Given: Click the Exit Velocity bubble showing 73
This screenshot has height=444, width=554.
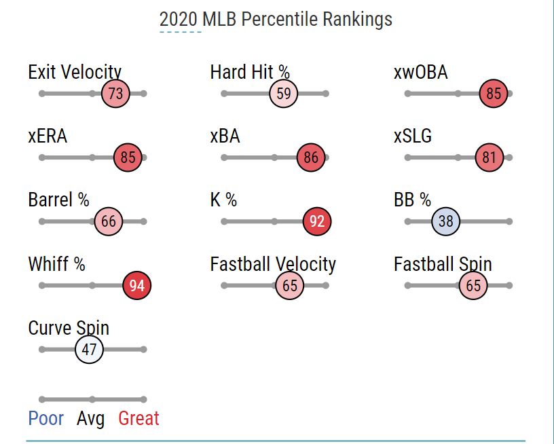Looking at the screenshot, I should click(115, 94).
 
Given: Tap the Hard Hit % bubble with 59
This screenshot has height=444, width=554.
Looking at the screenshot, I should click(284, 94).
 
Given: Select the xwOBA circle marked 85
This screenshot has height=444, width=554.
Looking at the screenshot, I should click(494, 94).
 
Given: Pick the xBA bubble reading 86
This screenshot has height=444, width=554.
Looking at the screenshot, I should click(311, 158).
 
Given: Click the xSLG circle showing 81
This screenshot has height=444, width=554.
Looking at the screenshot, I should click(489, 158).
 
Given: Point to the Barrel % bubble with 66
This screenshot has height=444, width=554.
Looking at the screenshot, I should click(109, 222).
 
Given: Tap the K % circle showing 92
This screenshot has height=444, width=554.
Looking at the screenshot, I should click(317, 222).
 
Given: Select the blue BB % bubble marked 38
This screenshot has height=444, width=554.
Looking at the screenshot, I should click(445, 222).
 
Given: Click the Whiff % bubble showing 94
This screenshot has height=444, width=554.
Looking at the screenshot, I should click(137, 286).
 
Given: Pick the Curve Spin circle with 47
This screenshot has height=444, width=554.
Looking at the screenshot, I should click(90, 350).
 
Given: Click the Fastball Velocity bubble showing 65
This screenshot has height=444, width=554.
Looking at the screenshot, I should click(290, 286).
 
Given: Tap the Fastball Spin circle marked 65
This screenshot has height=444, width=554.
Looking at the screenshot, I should click(473, 286).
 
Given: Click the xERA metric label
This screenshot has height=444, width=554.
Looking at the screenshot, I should click(48, 136).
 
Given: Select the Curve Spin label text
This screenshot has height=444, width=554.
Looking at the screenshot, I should click(69, 329).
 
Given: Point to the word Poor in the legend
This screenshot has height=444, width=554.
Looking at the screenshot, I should click(46, 418).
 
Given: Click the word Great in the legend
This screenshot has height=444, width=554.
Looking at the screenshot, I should click(138, 418).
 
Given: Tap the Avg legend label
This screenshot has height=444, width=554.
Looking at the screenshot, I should click(91, 418).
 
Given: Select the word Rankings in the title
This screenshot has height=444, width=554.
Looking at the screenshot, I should click(357, 19).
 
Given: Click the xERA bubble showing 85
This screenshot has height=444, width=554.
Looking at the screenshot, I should click(128, 158).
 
